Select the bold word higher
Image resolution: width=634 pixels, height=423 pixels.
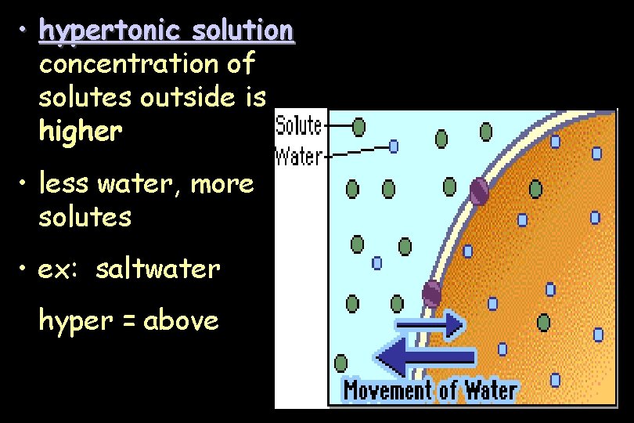[81, 132]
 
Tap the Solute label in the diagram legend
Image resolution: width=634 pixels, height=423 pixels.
[299, 126]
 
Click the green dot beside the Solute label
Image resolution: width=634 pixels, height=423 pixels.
[358, 125]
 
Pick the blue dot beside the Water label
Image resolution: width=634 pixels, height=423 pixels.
[394, 145]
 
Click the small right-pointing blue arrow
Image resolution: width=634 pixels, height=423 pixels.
[430, 324]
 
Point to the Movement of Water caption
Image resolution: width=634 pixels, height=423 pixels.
[430, 389]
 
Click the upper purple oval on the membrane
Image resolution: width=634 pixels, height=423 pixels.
[478, 191]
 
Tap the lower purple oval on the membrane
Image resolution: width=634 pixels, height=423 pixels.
[431, 294]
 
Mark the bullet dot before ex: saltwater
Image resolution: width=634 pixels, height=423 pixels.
[25, 269]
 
